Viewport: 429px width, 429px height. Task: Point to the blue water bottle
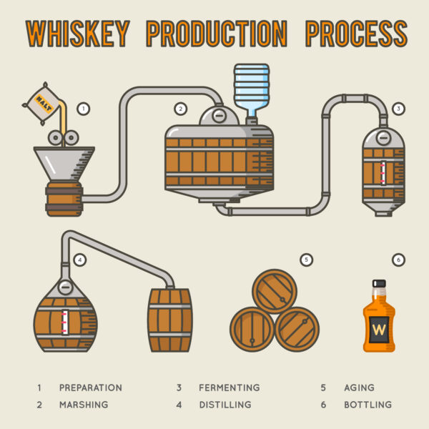click(251, 90)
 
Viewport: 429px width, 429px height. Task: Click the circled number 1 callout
click(84, 109)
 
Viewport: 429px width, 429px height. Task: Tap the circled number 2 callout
click(181, 109)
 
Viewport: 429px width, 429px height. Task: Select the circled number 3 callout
click(398, 109)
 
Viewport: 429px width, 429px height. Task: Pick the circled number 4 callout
click(80, 260)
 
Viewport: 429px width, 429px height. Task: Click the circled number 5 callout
click(306, 260)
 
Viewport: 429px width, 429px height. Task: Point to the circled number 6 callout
click(398, 260)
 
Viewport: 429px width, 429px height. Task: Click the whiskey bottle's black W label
click(378, 329)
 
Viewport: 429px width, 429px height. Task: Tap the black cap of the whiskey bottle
click(379, 284)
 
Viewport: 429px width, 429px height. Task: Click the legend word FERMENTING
click(228, 388)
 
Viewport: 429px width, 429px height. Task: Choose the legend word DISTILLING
click(225, 405)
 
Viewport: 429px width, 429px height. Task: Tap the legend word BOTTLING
click(367, 405)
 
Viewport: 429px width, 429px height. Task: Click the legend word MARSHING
click(84, 405)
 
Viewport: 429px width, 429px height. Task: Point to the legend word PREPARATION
click(90, 388)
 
